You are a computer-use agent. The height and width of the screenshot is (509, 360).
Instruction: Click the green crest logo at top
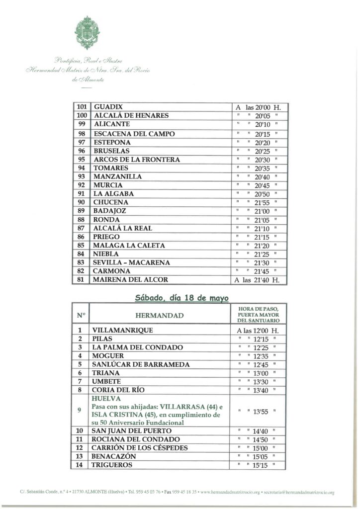87,32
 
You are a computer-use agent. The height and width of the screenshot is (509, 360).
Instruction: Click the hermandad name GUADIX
108,107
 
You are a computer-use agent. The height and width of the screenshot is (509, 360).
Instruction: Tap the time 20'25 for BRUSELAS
262,151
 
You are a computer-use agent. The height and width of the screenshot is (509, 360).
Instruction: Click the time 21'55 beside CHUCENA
262,202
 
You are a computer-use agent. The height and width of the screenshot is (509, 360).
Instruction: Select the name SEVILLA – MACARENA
131,262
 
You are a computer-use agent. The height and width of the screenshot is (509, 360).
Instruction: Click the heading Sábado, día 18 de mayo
181,298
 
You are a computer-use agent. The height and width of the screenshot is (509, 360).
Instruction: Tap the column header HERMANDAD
159,315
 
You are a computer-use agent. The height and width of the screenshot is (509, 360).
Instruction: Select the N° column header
81,315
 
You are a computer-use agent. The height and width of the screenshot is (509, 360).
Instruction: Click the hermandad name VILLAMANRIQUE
122,330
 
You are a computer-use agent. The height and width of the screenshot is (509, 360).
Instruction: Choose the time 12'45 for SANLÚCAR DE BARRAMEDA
262,364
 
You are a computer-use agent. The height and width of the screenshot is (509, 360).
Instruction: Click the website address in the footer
229,492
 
